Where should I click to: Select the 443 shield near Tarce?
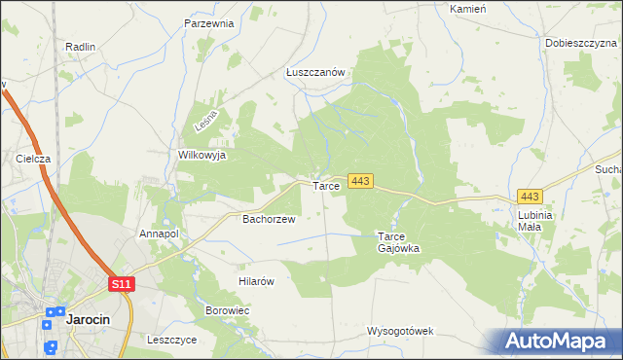pos(361,181)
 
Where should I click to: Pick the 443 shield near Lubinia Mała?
pos(531,196)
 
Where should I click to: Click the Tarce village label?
pos(325,185)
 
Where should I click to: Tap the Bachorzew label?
pos(269,220)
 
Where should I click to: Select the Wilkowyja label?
pos(202,155)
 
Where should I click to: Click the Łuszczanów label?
pos(316,72)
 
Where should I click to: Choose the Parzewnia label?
pos(209,22)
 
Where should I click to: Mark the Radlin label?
pos(80,46)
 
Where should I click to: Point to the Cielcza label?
pos(33,158)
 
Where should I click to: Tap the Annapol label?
pos(159,234)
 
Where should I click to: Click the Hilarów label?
pos(258,281)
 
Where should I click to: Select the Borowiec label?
pos(228,310)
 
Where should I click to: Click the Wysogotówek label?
pos(399,331)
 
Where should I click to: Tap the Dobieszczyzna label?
pos(581,43)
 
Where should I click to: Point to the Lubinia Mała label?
pos(535,220)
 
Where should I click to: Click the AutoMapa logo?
pos(558,341)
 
